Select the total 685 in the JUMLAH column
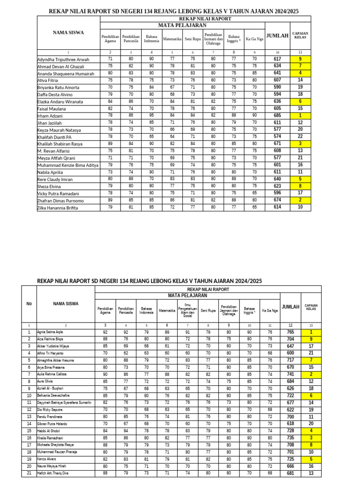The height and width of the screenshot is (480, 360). click(x=277, y=115)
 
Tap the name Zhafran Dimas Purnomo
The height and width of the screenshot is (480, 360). click(x=61, y=200)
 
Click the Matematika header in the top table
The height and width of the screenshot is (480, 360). click(x=172, y=39)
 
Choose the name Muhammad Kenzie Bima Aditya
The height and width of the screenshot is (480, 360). click(x=68, y=165)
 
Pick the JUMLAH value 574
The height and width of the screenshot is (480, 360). click(x=277, y=136)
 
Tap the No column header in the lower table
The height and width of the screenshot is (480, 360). click(x=29, y=304)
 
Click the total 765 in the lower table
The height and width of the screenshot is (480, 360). click(x=291, y=332)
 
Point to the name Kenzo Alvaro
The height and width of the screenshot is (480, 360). click(x=46, y=459)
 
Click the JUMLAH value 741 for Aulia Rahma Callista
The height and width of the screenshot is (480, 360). click(x=291, y=375)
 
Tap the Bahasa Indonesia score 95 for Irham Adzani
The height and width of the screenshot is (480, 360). click(x=151, y=115)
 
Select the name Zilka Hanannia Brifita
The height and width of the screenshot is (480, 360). click(x=58, y=207)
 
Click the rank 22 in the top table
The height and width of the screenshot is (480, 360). click(x=300, y=136)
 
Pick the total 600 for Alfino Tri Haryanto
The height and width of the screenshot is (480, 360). click(x=291, y=353)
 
